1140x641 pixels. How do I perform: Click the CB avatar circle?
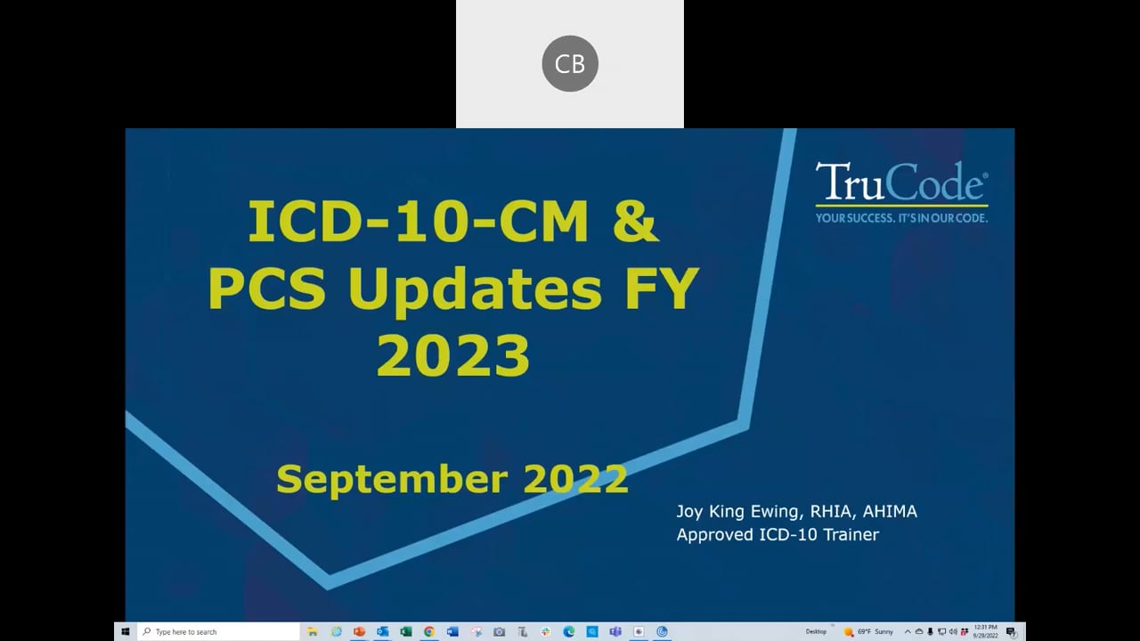[x=570, y=64]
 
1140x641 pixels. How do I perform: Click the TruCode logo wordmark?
[x=901, y=183]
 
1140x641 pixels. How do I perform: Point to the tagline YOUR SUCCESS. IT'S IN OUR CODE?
[x=901, y=216]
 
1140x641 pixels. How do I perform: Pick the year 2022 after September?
[x=575, y=479]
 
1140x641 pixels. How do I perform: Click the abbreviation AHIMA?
[x=890, y=511]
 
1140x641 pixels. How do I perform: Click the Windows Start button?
[x=125, y=631]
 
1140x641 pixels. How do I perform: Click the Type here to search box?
[x=218, y=631]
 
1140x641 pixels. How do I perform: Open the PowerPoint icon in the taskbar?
[x=360, y=631]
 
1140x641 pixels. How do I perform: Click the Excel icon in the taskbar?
[x=406, y=631]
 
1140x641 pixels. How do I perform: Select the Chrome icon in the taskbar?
[x=429, y=631]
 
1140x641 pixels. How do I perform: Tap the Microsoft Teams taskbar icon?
[x=615, y=631]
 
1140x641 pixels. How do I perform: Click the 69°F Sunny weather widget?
[x=867, y=631]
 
